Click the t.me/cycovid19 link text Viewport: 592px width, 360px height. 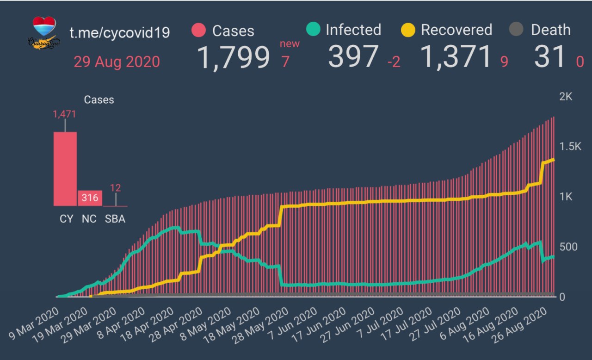pos(119,32)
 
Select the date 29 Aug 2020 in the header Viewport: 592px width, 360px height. pos(117,62)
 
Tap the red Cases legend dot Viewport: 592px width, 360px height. pos(198,31)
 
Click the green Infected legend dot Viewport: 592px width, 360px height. pos(313,30)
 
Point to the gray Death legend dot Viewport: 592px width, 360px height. pos(516,30)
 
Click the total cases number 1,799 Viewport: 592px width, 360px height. pos(234,57)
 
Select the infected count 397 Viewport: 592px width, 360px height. pos(353,57)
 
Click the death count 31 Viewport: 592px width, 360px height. pos(549,57)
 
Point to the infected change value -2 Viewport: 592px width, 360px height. pos(394,62)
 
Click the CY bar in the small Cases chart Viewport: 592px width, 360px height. pos(65,169)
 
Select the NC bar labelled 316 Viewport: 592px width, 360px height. pos(90,198)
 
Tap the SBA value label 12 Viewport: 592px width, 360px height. pos(115,188)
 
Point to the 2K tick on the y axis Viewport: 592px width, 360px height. pos(566,97)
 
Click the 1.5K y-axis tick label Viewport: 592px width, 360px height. pos(569,147)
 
